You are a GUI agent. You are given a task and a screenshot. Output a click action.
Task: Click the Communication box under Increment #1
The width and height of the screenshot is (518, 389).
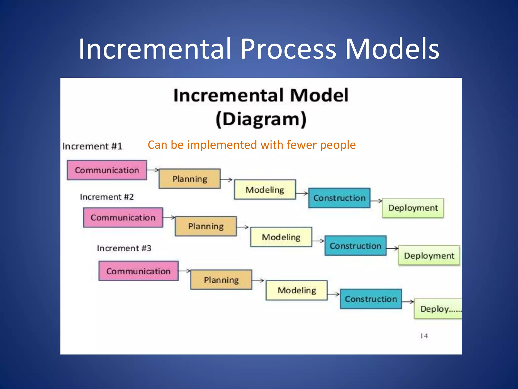[107, 170]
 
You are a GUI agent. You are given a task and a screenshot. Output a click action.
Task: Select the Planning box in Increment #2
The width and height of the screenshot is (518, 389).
[206, 226]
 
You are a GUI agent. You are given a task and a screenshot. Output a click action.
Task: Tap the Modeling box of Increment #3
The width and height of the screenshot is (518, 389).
[296, 290]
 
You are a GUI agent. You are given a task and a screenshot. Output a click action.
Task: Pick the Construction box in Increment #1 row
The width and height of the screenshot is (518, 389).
[339, 198]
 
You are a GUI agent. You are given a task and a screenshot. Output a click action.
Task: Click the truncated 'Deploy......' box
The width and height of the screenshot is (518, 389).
[438, 309]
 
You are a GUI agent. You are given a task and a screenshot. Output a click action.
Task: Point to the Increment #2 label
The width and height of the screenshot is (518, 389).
[107, 197]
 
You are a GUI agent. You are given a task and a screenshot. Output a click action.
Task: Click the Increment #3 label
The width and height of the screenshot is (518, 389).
[124, 248]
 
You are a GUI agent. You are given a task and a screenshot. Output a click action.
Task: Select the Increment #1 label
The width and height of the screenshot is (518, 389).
[92, 146]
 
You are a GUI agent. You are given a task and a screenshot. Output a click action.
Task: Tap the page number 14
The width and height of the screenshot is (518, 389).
[424, 336]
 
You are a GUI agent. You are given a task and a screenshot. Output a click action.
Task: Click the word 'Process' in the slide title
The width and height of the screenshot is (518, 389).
[288, 49]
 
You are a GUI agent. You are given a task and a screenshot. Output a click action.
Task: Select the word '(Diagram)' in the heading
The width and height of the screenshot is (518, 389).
[261, 119]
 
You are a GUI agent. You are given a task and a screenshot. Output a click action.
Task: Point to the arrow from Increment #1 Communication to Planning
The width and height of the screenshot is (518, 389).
[153, 170]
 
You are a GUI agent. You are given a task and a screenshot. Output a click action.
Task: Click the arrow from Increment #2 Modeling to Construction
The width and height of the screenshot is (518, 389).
[318, 241]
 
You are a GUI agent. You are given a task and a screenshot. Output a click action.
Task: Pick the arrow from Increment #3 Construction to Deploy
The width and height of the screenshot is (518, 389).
[408, 301]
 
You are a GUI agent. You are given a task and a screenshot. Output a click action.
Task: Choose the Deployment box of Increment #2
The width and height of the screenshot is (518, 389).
[429, 256]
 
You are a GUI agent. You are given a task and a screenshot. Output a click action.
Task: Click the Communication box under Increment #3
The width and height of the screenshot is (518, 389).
[138, 271]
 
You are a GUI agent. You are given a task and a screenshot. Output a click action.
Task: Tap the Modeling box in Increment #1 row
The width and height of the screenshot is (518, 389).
[265, 189]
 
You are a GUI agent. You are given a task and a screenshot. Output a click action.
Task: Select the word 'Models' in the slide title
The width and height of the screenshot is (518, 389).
[392, 49]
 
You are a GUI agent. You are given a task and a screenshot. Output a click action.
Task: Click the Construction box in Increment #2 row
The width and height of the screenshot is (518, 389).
[355, 246]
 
